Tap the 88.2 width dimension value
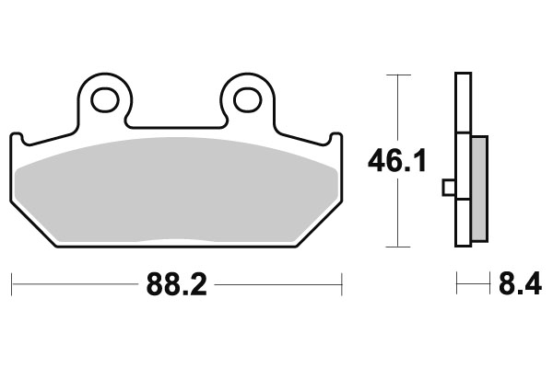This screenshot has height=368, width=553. coord(174,284)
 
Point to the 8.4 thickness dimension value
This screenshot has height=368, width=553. coord(518,284)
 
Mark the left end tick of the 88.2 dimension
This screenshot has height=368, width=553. coord(12,284)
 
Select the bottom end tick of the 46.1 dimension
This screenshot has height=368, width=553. coord(396,247)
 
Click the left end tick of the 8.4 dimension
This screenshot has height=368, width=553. coord(457,284)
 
